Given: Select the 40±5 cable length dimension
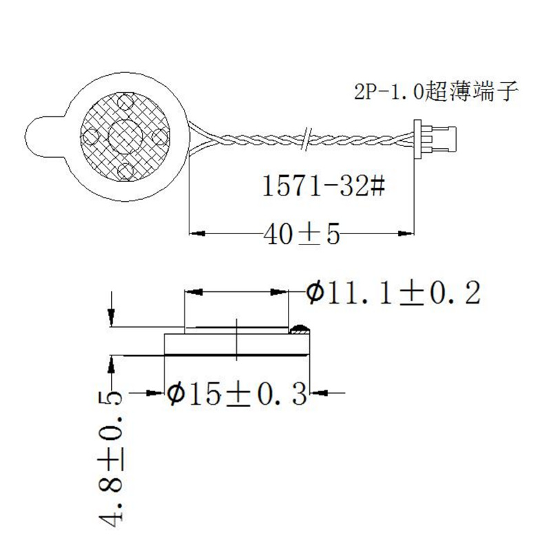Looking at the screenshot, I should pos(302,235).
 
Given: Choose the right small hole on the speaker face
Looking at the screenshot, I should pos(160,134).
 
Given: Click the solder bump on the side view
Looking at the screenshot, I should pos(300,329).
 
